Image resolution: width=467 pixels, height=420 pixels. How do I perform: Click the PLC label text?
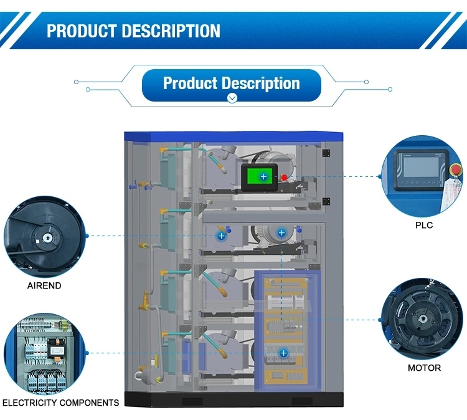coord(424,225)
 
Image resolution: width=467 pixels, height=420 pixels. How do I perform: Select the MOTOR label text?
coord(424,368)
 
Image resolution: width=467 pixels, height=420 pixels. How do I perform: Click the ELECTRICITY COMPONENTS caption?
coord(60,403)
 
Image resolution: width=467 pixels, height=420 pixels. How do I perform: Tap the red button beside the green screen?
coord(284,178)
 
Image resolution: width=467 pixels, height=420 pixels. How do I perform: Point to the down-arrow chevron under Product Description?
coord(232,98)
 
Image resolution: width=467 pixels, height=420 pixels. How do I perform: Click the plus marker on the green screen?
coord(263,177)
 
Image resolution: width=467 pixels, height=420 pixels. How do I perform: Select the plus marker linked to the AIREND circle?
coord(220,236)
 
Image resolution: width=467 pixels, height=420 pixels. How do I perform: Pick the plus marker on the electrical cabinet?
coord(283,353)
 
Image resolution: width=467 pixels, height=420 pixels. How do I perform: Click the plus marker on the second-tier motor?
coord(281,232)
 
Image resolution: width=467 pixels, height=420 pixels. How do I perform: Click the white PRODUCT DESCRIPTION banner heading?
coord(133,31)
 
